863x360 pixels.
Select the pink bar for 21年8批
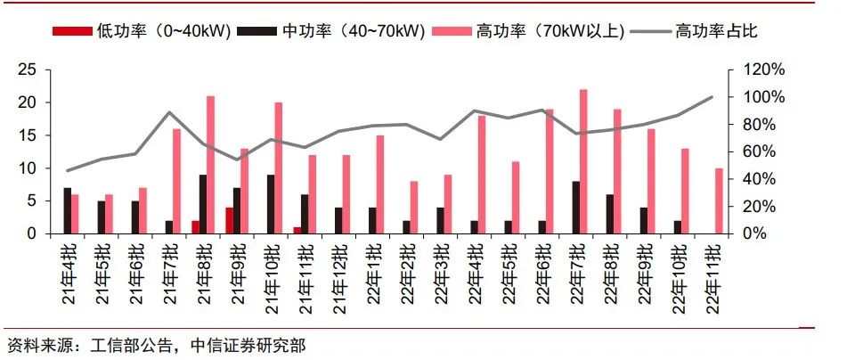tap(211, 165)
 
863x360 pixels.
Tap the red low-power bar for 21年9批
tap(229, 220)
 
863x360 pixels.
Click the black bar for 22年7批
tap(575, 208)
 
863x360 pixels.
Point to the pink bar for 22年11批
tap(719, 200)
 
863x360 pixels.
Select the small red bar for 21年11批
tap(297, 230)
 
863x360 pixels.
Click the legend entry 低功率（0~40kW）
tap(142, 31)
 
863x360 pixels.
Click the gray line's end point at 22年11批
tap(712, 97)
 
